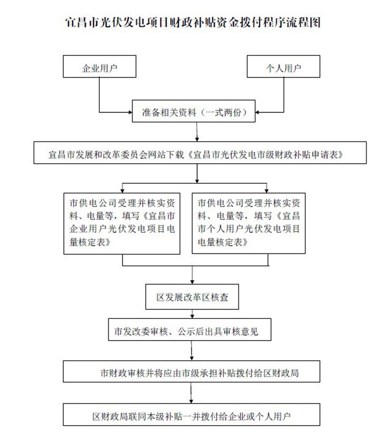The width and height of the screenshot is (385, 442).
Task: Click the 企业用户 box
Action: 100,68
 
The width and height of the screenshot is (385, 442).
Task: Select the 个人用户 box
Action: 285,68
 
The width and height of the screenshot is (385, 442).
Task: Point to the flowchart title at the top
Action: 192,23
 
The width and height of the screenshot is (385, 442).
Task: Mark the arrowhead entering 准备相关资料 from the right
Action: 258,112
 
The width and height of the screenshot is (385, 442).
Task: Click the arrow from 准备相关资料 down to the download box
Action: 197,133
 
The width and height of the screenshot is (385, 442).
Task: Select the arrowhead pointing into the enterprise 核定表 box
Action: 123,189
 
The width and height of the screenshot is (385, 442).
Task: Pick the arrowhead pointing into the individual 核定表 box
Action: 267,189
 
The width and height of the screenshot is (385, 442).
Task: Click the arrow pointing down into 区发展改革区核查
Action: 192,277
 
